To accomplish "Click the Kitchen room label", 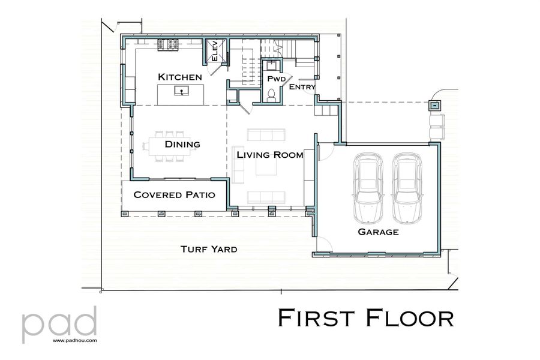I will (179, 77).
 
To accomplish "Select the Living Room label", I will (269, 155).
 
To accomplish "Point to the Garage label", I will (378, 232).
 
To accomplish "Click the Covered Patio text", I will (170, 195).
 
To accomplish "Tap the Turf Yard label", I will (209, 249).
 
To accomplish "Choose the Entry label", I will (302, 88).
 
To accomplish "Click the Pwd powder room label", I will (276, 79).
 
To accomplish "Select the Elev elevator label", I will (214, 50).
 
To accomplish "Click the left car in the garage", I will (368, 180).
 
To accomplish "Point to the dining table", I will (169, 145).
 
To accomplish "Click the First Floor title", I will (365, 317).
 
